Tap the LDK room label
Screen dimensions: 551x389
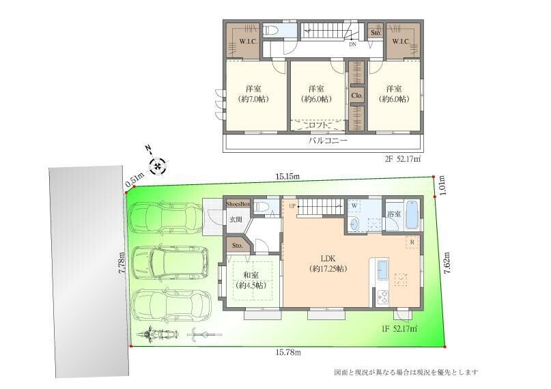328,263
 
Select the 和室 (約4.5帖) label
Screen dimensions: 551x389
251,280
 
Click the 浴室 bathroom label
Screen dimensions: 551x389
394,214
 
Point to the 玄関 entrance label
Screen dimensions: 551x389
236,220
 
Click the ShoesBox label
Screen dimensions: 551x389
238,203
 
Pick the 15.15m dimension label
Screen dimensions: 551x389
287,176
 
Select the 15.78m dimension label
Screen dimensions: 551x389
288,351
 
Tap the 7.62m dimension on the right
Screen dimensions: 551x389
447,263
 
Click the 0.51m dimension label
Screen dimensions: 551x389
135,181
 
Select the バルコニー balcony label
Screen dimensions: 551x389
328,141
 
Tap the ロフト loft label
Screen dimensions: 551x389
318,125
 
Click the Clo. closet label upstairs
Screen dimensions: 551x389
357,96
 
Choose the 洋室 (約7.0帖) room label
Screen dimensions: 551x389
253,93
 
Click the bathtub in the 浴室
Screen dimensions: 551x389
412,215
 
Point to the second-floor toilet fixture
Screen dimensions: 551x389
271,31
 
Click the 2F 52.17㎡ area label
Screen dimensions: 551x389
403,159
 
